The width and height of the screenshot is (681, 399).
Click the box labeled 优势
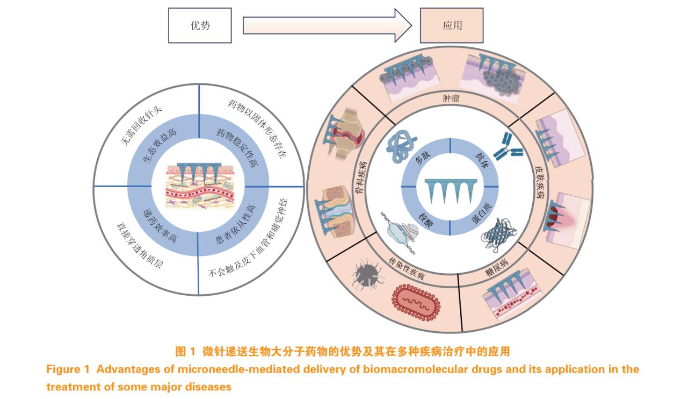[x=200, y=25]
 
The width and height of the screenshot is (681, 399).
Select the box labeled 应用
[x=452, y=25]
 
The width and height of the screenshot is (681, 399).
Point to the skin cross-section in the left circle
[x=200, y=185]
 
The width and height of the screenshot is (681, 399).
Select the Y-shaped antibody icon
[x=506, y=147]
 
